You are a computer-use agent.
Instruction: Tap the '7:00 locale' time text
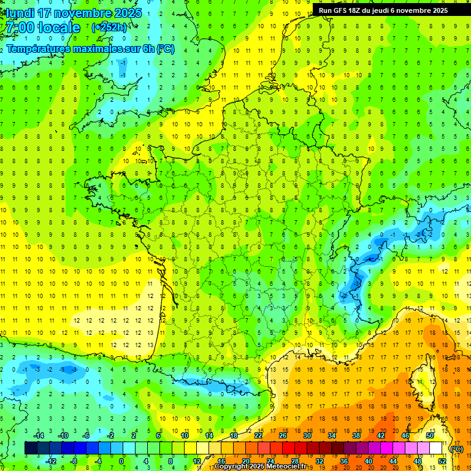tap(42, 28)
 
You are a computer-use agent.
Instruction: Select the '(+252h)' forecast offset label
tap(109, 27)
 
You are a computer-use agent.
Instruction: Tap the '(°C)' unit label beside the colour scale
tap(456, 449)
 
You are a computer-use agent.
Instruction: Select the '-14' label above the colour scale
tap(38, 435)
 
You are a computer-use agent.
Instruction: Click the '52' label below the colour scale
tap(442, 461)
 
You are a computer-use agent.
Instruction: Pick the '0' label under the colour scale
tap(121, 461)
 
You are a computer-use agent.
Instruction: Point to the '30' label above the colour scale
tap(307, 435)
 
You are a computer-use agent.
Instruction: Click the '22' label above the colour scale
tap(258, 435)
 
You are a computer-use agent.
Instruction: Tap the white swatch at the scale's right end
tap(435, 448)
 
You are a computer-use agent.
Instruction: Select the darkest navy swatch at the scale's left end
tap(31, 448)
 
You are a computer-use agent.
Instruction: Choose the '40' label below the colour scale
tap(368, 461)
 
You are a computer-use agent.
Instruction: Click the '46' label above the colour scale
tap(405, 435)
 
